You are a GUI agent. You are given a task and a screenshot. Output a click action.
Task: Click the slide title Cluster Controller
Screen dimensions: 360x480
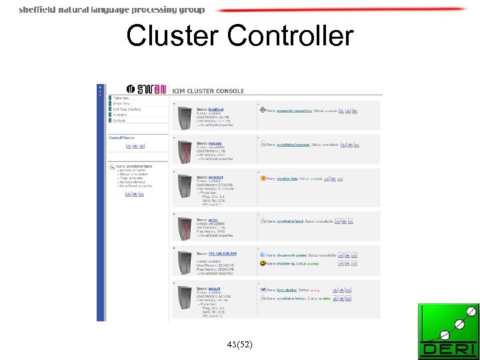(239, 35)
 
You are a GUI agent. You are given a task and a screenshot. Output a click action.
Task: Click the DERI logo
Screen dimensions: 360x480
(448, 332)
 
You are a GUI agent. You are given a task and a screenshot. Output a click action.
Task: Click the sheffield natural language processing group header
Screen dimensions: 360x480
(111, 9)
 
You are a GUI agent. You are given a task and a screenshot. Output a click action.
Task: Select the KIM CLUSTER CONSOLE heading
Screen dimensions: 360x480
(208, 91)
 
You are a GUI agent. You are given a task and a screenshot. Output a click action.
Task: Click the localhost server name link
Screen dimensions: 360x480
(215, 109)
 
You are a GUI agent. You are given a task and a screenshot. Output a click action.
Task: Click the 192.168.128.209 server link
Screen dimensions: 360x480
(222, 254)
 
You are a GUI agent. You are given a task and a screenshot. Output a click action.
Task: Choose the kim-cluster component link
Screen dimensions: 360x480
(287, 290)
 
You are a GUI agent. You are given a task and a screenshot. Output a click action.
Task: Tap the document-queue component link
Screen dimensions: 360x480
(293, 255)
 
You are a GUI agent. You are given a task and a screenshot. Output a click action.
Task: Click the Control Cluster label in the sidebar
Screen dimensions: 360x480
(121, 137)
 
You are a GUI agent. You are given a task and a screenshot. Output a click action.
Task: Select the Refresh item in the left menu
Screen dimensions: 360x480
(120, 121)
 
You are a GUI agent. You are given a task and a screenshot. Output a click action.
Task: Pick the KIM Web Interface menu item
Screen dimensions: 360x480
(127, 109)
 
